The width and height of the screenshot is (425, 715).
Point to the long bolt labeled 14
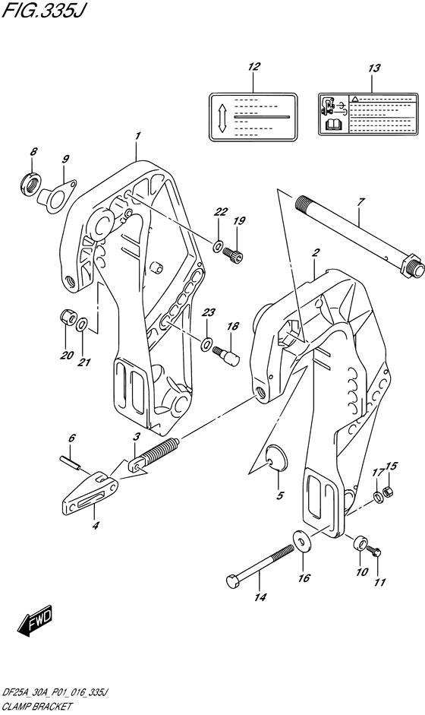260,564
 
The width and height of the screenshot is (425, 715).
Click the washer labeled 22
219,247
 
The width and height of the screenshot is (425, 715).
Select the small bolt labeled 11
374,554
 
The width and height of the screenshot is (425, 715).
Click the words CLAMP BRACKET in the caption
37,707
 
